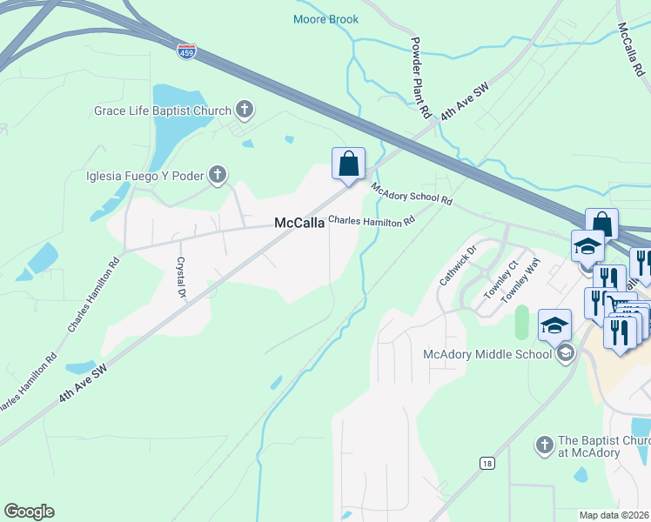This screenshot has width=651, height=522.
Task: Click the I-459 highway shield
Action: pos(186,50)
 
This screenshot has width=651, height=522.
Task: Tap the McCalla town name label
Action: pos(299,223)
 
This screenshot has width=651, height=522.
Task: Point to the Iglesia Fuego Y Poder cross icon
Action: pos(218,176)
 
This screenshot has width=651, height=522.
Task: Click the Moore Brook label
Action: pos(325,19)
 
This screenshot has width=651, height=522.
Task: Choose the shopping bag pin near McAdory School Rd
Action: pos(348,164)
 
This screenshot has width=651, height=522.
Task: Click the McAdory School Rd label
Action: pos(412,193)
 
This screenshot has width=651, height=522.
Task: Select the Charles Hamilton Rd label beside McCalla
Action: pos(372,222)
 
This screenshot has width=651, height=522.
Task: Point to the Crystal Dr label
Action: pos(182,277)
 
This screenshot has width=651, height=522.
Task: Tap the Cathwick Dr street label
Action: pos(459,265)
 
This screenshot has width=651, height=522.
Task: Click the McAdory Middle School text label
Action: pos(487,354)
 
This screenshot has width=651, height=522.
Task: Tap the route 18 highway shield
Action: pos(487,463)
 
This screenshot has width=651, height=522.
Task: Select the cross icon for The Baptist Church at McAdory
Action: pos(544,445)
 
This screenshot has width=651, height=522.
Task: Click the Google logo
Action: pos(29,512)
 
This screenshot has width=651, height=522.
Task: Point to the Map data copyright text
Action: pos(614,515)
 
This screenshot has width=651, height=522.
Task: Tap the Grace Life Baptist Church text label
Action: pos(163,110)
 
